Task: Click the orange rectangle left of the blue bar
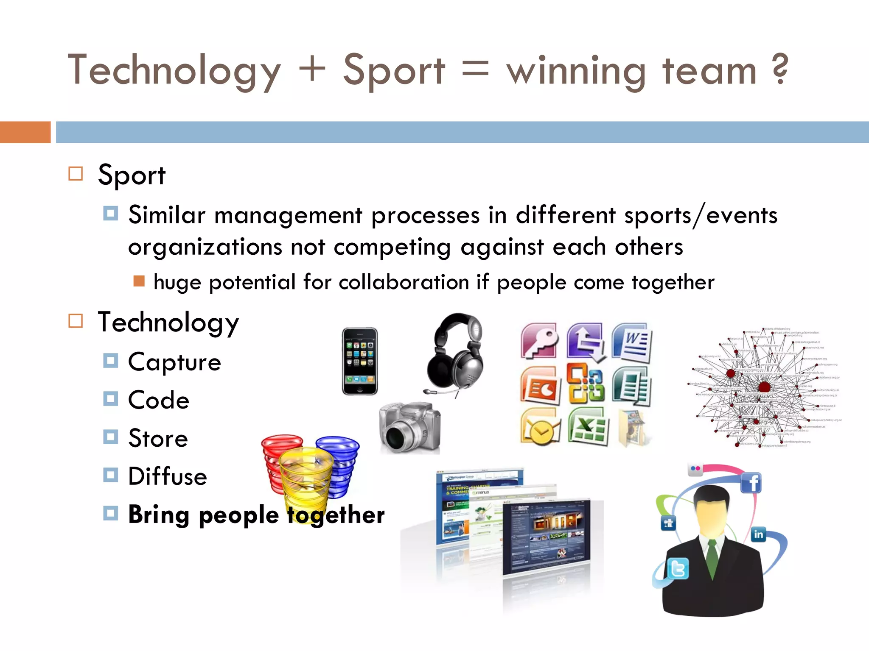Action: tap(25, 132)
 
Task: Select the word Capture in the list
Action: tap(174, 362)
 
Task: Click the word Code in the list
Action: tap(159, 400)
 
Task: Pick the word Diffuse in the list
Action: tap(168, 476)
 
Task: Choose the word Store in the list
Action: tap(158, 438)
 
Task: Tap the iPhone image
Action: tap(360, 361)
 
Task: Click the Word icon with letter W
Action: tap(632, 342)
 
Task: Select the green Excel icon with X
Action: tap(588, 426)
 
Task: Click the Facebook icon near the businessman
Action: tap(751, 483)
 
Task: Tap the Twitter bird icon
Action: tap(678, 569)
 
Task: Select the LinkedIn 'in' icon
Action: tap(758, 534)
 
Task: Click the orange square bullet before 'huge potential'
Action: tap(139, 281)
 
